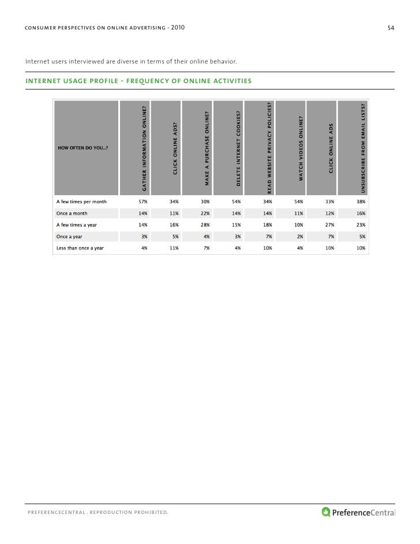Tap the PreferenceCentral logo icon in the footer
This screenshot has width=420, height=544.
[326, 511]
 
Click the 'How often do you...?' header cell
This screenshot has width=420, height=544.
[84, 148]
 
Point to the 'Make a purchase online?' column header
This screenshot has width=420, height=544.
[207, 148]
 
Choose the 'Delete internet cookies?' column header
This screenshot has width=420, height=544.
[238, 148]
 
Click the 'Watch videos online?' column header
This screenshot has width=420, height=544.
[301, 148]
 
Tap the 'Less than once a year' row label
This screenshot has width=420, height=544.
[80, 248]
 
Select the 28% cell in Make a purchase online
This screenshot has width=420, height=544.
[205, 225]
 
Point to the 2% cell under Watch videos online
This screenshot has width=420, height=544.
[300, 237]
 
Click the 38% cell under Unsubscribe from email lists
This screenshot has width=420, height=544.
[361, 203]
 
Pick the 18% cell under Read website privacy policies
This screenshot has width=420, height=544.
[268, 225]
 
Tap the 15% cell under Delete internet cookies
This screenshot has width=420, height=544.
[237, 225]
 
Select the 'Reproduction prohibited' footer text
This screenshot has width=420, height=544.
[132, 511]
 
